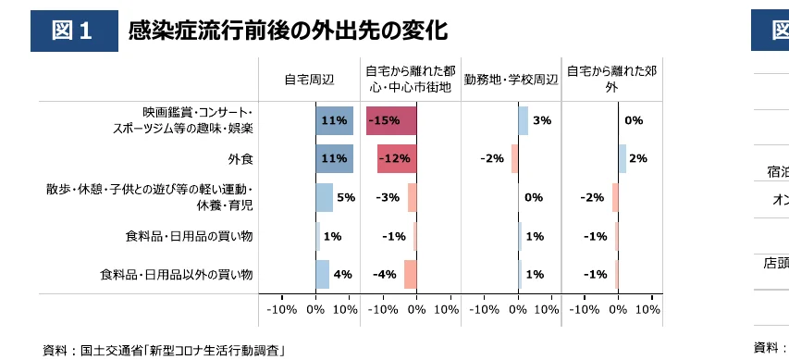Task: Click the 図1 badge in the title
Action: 74,31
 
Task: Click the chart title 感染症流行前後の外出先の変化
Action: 288,31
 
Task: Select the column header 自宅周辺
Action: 308,79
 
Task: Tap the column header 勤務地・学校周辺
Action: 512,79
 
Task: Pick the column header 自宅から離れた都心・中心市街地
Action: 410,79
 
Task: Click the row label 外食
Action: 241,159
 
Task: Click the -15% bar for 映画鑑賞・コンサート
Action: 391,120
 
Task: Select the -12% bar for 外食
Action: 397,159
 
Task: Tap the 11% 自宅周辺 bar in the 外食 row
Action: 334,159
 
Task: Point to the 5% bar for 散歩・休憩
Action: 324,197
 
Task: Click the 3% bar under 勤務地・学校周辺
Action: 523,120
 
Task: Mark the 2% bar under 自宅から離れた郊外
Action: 623,159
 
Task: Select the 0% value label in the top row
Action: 634,120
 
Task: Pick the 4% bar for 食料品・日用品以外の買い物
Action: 322,274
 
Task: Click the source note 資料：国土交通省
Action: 164,350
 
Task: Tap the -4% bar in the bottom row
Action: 410,274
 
